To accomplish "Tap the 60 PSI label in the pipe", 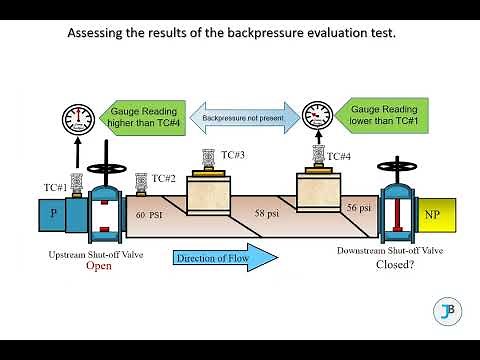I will point(148,214).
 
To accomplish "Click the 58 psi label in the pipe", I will point(267,214).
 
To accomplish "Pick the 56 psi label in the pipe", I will point(358,206).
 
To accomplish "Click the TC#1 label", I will point(55,187).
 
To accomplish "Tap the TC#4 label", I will point(339,156).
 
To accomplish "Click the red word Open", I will point(98,267).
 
